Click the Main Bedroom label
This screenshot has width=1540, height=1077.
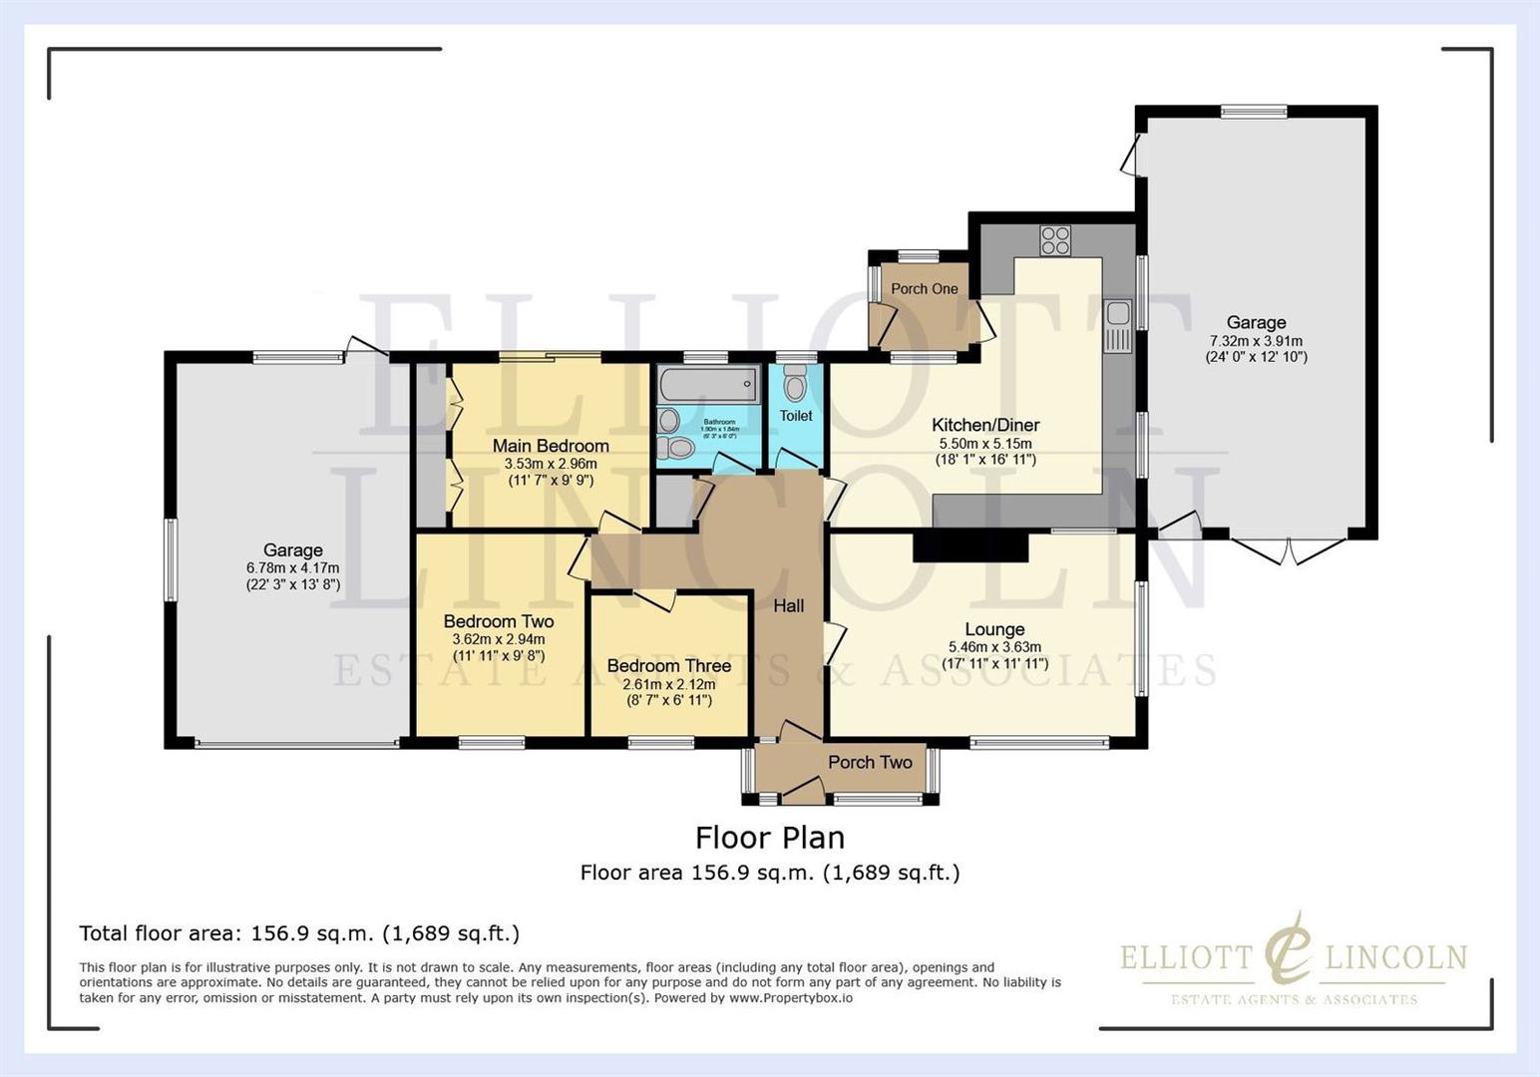(x=551, y=446)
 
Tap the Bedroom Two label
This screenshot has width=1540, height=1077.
(x=499, y=621)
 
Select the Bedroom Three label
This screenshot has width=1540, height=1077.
(x=669, y=665)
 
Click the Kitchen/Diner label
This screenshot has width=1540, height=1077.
(x=985, y=425)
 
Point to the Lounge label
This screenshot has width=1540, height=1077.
(x=994, y=629)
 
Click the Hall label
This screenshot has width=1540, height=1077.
(x=788, y=605)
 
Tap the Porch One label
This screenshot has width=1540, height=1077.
(x=924, y=288)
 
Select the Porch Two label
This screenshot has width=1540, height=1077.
(x=870, y=762)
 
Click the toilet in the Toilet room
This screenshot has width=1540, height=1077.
(x=795, y=382)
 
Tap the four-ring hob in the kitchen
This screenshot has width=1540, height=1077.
(x=1055, y=240)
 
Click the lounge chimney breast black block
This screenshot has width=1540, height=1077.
(x=969, y=547)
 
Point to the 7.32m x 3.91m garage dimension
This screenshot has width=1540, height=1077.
(x=1256, y=341)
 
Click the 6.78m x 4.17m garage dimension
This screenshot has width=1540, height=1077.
(x=293, y=568)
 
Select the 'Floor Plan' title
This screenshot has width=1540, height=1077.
(x=770, y=837)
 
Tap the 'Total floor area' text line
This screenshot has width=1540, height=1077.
(x=299, y=933)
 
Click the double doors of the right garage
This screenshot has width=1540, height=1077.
(x=1288, y=551)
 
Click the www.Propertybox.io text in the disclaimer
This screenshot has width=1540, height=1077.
(x=790, y=997)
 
